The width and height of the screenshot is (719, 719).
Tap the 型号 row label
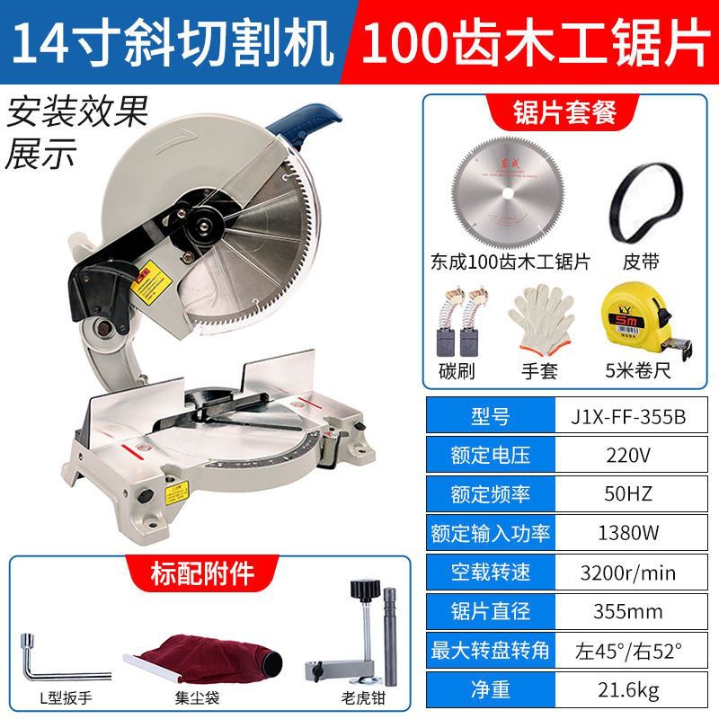pos(490,416)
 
